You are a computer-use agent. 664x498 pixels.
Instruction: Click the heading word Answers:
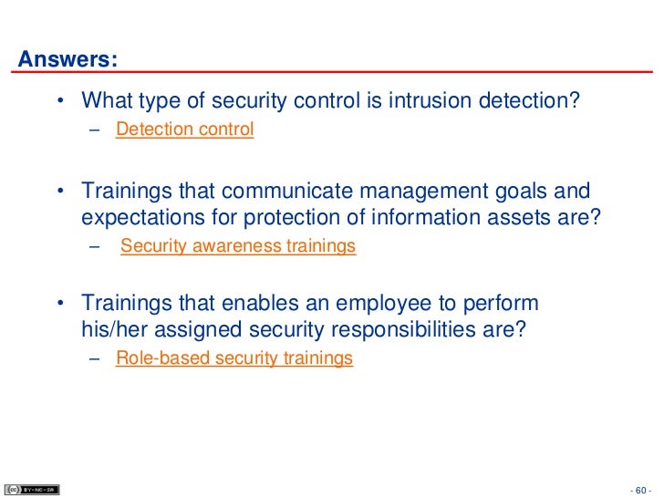pyautogui.click(x=68, y=61)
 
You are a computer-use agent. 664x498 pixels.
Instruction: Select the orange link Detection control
pyautogui.click(x=184, y=130)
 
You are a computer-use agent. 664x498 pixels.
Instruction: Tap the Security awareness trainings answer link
pyautogui.click(x=238, y=246)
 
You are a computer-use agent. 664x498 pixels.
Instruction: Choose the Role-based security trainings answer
pyautogui.click(x=234, y=358)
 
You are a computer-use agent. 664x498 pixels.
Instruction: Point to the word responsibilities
pyautogui.click(x=407, y=328)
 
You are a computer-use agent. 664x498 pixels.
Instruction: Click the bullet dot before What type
pyautogui.click(x=60, y=99)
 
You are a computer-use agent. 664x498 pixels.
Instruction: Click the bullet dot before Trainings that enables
pyautogui.click(x=60, y=304)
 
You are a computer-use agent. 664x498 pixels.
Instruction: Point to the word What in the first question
pyautogui.click(x=104, y=99)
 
